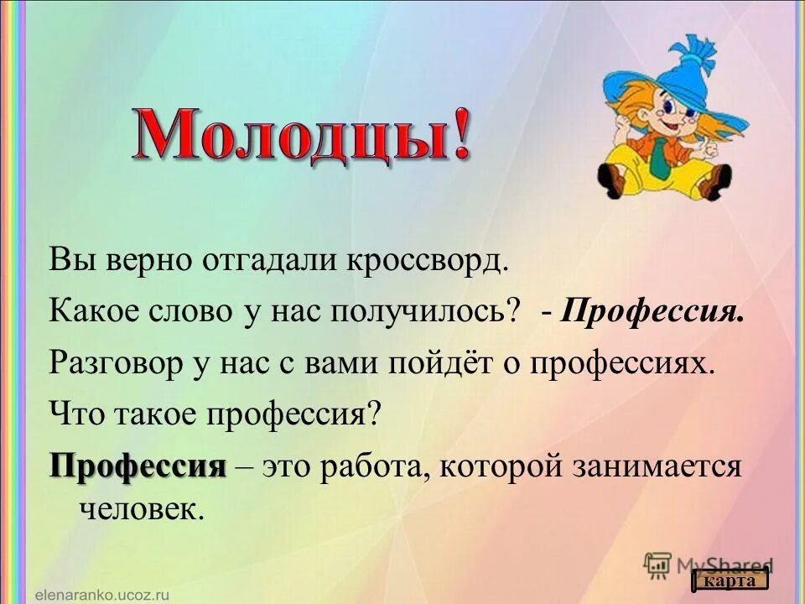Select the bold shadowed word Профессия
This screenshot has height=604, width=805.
coord(138,464)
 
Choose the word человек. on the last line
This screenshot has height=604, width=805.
coord(142,509)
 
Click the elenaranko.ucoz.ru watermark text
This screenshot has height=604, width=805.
coord(102,592)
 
